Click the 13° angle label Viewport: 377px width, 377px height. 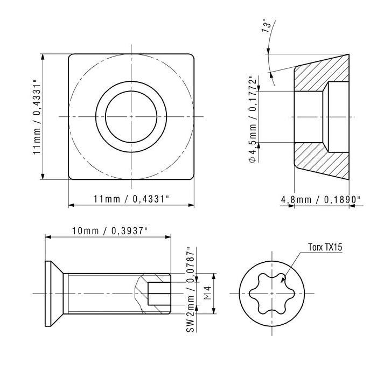click(x=267, y=25)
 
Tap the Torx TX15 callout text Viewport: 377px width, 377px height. click(x=325, y=247)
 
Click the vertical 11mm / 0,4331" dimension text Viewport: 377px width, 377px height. click(x=37, y=117)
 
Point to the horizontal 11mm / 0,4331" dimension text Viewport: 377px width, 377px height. click(x=131, y=199)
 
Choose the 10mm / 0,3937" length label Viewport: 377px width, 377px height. click(x=110, y=231)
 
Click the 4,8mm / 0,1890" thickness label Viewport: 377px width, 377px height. click(x=321, y=200)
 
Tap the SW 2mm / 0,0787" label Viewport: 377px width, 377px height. click(x=190, y=290)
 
